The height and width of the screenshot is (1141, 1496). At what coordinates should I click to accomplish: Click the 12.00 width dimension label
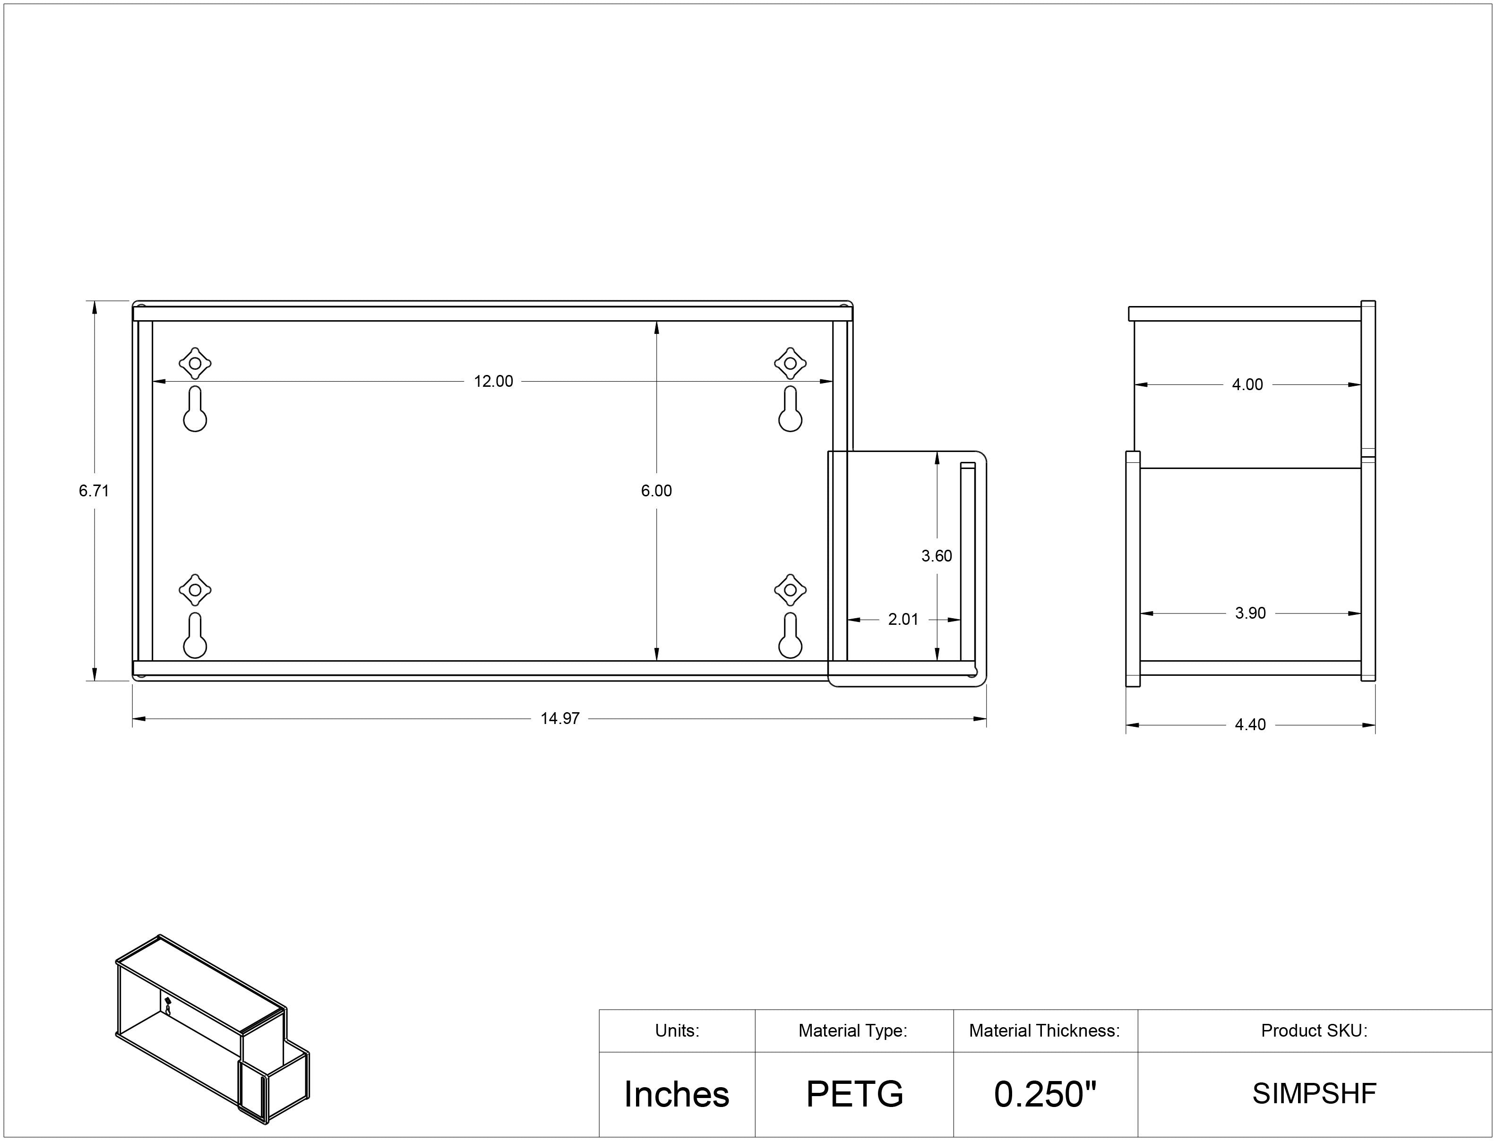click(x=493, y=382)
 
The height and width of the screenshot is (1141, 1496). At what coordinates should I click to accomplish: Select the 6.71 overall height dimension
click(x=94, y=490)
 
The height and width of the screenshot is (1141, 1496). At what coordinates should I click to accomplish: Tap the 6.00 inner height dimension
click(x=656, y=490)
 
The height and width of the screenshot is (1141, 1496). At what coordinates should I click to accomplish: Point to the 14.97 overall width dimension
click(x=560, y=719)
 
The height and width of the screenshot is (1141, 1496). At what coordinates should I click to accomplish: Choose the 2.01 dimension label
click(x=903, y=620)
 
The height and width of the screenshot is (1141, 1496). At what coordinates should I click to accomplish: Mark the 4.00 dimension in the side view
click(x=1247, y=384)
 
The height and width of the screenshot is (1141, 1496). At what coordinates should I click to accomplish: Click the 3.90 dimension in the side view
click(x=1250, y=613)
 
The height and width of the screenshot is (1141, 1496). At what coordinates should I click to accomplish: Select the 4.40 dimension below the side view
click(x=1250, y=724)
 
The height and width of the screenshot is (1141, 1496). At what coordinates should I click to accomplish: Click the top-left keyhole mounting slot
click(x=195, y=409)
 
